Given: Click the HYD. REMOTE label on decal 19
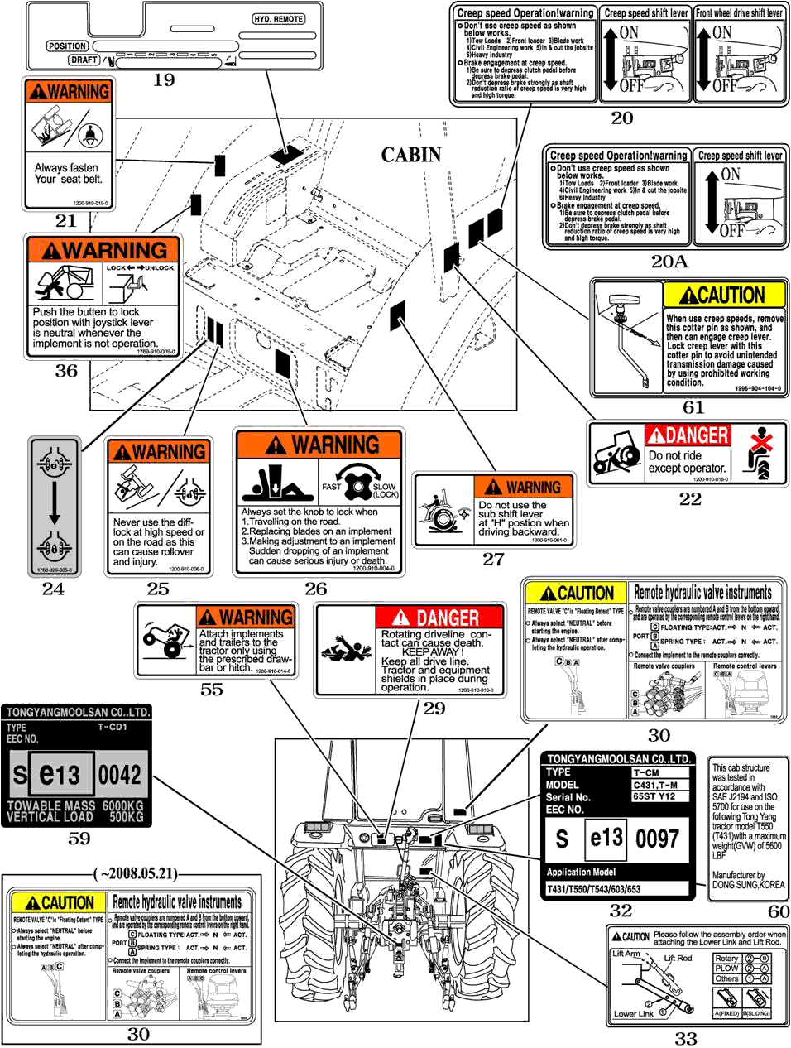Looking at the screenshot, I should (278, 19).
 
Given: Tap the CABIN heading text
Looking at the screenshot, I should (411, 155).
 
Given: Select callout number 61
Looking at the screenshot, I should (693, 406).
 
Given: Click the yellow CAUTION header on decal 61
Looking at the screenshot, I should (723, 296).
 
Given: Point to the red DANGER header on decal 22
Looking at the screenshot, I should (688, 435).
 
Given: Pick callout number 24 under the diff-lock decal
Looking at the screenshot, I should (54, 589).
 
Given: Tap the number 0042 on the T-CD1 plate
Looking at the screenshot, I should (120, 775).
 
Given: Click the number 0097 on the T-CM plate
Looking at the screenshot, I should (658, 839).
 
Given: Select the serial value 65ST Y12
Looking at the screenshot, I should (654, 796).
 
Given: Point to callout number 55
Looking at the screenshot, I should (212, 689).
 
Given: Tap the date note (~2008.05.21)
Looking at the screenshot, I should (135, 873).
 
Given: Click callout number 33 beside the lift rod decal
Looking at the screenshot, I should (686, 1038).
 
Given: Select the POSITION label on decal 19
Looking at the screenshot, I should (68, 46).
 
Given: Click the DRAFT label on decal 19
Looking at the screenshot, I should (84, 60).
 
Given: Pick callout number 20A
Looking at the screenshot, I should (669, 262).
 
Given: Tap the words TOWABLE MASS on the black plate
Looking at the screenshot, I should (55, 805).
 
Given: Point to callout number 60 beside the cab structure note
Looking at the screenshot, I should (779, 911).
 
